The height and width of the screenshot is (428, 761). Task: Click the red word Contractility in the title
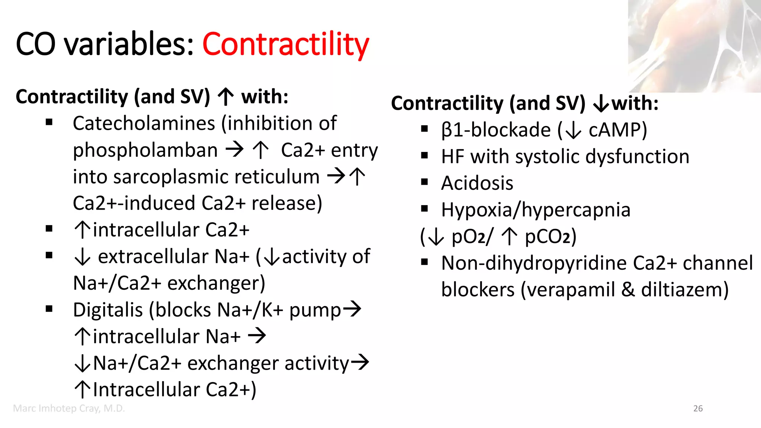(x=285, y=45)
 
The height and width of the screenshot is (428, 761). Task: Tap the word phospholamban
(x=145, y=150)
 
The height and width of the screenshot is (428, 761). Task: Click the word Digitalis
(x=108, y=310)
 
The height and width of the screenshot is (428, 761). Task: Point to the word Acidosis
(x=477, y=183)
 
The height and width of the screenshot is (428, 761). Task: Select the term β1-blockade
(x=496, y=130)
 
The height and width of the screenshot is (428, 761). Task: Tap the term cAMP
(x=617, y=130)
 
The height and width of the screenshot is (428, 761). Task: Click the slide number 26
(x=698, y=409)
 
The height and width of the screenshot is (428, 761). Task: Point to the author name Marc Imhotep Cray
(x=69, y=409)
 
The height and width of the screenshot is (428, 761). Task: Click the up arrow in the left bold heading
(x=226, y=97)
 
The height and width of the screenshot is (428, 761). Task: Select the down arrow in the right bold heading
(x=601, y=104)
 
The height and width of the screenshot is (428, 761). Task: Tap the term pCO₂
(x=550, y=237)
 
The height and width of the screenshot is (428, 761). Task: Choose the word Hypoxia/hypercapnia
(x=535, y=210)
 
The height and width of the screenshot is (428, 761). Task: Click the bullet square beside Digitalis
(x=49, y=309)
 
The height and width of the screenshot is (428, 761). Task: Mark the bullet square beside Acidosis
(x=425, y=182)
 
